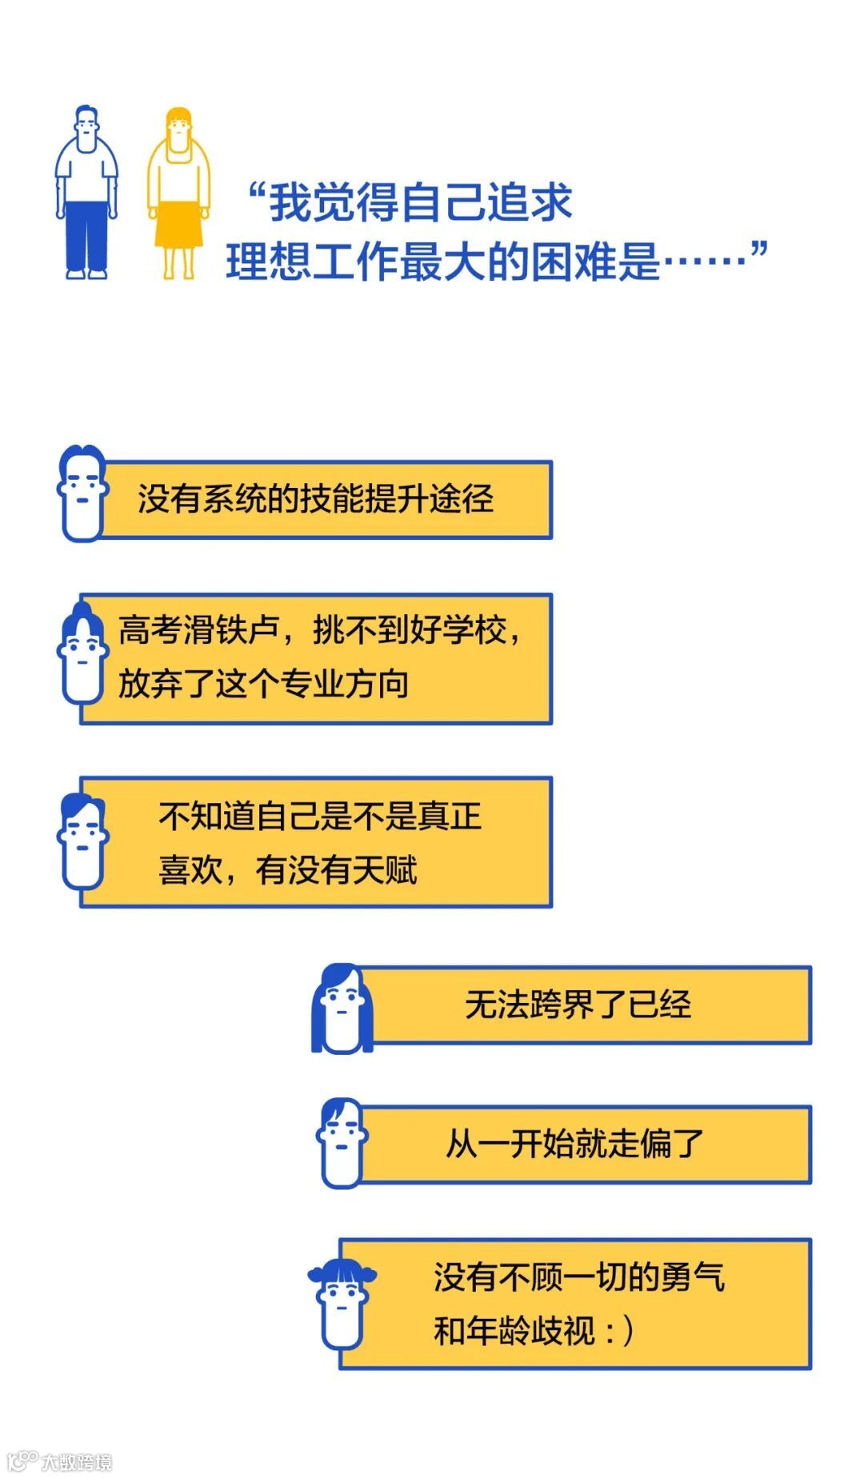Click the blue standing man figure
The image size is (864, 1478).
[86, 192]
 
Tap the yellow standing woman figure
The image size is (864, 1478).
[178, 192]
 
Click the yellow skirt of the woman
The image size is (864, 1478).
[178, 225]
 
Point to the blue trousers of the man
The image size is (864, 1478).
[86, 236]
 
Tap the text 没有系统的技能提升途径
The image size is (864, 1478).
[315, 499]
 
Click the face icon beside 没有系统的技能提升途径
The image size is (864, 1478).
[82, 493]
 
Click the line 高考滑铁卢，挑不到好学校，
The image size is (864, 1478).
[320, 630]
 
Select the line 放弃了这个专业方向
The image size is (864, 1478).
[263, 684]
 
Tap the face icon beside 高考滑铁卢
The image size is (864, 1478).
[82, 654]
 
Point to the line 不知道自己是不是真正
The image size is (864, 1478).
[320, 817]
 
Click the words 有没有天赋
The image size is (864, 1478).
[336, 870]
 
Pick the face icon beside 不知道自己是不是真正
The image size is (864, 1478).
[83, 841]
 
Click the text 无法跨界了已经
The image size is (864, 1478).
[578, 1005]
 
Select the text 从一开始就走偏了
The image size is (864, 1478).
[574, 1144]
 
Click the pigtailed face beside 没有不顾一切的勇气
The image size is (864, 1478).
[342, 1304]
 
